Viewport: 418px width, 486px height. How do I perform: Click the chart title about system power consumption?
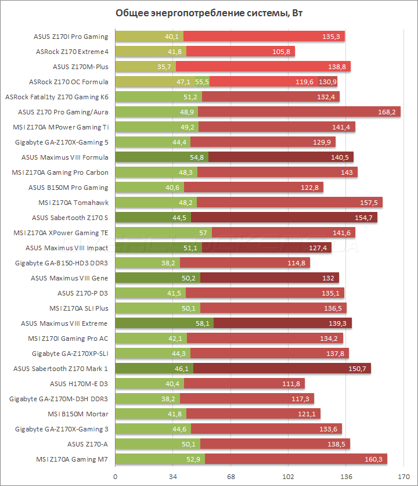point(208,13)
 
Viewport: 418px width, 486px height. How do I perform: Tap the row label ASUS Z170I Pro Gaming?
point(71,36)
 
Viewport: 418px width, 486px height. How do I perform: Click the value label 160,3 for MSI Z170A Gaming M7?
point(373,459)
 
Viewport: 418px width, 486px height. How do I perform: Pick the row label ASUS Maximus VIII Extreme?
point(64,323)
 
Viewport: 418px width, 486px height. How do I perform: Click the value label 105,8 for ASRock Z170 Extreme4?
point(281,51)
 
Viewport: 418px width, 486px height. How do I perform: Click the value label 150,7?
point(356,368)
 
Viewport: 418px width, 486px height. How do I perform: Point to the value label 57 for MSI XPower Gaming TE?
point(203,232)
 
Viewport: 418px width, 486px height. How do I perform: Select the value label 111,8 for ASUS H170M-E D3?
point(290,383)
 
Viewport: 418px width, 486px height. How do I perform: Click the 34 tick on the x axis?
point(173,477)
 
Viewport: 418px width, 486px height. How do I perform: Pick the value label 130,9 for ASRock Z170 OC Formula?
point(328,82)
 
